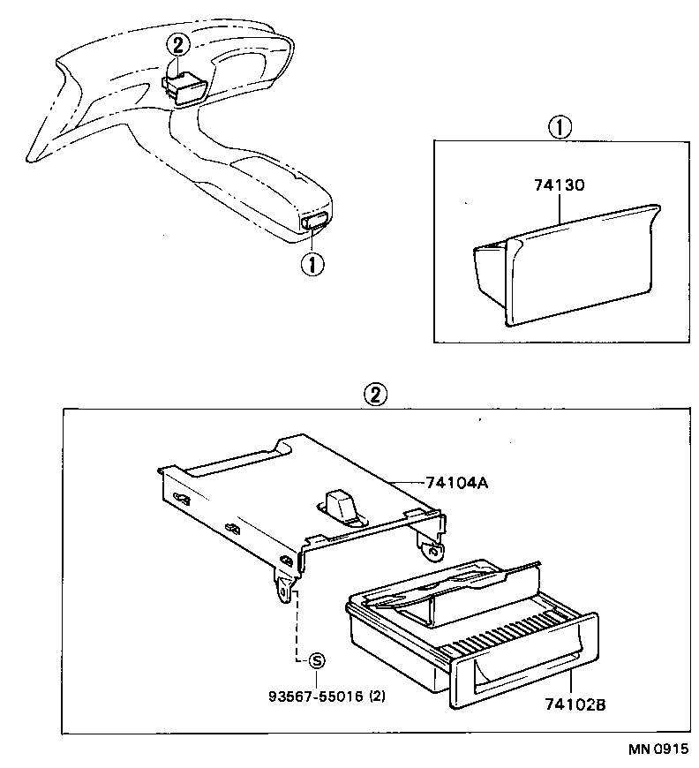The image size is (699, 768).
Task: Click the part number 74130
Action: point(560,187)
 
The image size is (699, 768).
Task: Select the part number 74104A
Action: point(456,483)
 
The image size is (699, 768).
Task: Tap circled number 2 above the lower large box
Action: point(375,395)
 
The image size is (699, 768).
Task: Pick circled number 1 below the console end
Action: point(311,262)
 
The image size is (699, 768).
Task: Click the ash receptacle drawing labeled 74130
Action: point(565,265)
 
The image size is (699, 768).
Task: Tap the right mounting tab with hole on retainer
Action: point(433,549)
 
